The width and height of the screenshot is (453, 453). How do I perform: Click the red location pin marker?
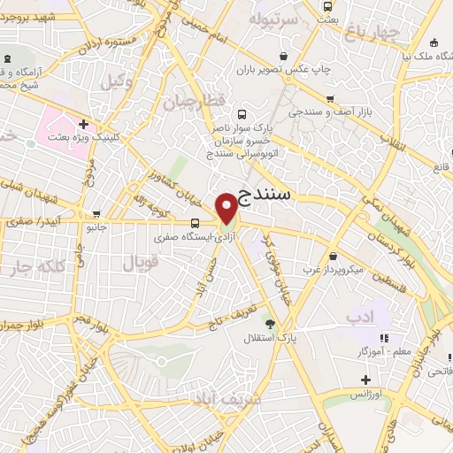(x=226, y=207)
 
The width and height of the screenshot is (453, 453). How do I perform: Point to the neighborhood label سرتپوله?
(x=270, y=18)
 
